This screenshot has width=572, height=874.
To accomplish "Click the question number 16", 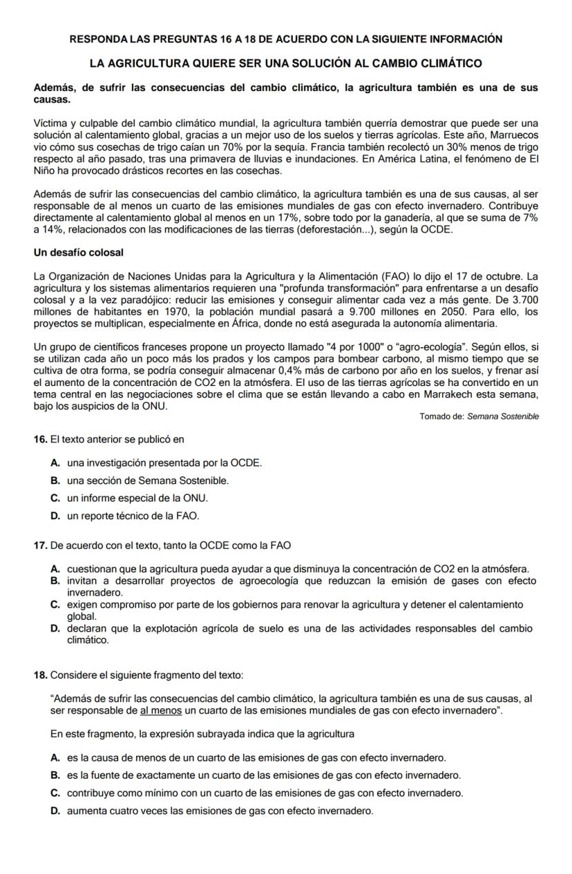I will pyautogui.click(x=40, y=439).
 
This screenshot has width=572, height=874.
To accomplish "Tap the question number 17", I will pyautogui.click(x=40, y=545).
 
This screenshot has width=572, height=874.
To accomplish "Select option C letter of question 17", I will pyautogui.click(x=55, y=605).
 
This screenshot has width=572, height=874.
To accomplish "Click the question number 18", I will pyautogui.click(x=40, y=674).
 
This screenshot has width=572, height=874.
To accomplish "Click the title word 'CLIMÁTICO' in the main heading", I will pyautogui.click(x=447, y=64).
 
